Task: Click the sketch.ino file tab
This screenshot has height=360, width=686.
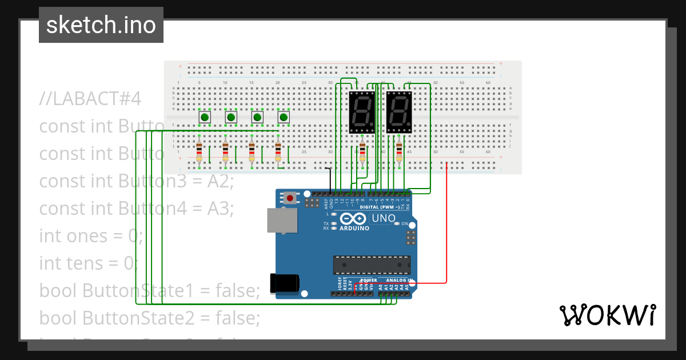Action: point(101,25)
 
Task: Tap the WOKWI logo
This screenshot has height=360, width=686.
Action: point(607,315)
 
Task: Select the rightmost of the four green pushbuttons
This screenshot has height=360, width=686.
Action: point(284,117)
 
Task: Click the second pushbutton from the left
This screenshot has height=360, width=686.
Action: point(231,117)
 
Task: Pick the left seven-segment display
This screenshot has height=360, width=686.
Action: point(361,112)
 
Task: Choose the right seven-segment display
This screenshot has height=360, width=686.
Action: point(399,112)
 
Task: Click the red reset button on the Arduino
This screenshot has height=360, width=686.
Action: point(290,198)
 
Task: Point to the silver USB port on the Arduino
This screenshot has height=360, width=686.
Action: point(281,221)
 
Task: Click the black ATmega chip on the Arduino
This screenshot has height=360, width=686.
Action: point(372,265)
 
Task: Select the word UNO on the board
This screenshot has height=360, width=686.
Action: point(384,218)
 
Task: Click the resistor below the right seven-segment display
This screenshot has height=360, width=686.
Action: point(399,152)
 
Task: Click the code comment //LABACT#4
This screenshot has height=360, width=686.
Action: point(90,98)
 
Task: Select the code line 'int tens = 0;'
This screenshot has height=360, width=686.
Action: point(89,263)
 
